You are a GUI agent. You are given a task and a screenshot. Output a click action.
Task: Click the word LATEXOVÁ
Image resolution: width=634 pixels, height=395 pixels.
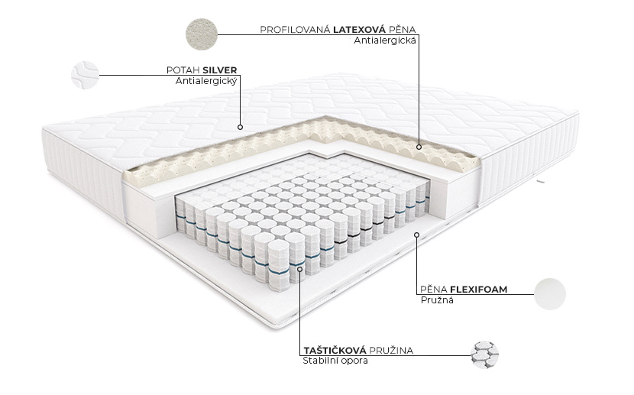tap(359, 30)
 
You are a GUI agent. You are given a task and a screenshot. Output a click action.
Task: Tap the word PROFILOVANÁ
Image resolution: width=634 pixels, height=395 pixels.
tap(295, 30)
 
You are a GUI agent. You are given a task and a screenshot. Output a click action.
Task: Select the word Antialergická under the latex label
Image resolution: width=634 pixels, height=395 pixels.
tap(384, 40)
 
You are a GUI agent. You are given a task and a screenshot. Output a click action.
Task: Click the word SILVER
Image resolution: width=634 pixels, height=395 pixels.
tap(219, 70)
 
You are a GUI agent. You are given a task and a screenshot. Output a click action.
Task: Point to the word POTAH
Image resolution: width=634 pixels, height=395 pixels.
tap(183, 70)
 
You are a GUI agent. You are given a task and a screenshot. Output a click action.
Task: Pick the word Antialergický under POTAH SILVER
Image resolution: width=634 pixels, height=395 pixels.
tap(205, 81)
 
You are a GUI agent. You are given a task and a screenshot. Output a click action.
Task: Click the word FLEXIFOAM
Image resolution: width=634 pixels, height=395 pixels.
tap(479, 290)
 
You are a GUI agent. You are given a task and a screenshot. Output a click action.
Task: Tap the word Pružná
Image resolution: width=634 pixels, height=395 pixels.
tap(437, 300)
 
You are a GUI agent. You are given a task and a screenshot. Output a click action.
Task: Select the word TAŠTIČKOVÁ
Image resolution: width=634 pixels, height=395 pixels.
tap(335, 350)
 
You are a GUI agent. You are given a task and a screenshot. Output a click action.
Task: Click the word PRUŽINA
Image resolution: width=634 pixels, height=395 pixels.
tap(391, 350)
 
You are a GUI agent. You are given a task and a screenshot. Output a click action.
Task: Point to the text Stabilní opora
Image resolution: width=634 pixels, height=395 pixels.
tap(335, 361)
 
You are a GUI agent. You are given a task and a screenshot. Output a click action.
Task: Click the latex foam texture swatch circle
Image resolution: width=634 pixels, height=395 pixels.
tap(202, 34)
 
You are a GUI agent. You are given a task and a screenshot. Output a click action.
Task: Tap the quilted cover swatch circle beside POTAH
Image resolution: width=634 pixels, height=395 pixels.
tap(86, 75)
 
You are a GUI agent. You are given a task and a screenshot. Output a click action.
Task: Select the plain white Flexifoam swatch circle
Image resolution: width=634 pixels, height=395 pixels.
tap(550, 294)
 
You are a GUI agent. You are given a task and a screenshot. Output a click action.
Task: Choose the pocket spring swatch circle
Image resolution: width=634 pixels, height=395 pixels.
tap(484, 355)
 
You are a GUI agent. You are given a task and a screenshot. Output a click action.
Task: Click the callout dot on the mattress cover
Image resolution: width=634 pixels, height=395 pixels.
tap(240, 127)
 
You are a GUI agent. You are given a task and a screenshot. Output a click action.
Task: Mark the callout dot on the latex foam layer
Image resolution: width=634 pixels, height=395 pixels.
tap(419, 147)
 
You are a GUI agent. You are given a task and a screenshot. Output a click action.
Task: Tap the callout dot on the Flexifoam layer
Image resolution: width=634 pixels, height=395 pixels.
tap(417, 235)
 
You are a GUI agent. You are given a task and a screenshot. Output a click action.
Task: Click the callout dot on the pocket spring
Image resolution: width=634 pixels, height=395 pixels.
tap(300, 267)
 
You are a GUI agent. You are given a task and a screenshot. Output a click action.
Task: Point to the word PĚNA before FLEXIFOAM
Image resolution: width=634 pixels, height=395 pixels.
tap(434, 290)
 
